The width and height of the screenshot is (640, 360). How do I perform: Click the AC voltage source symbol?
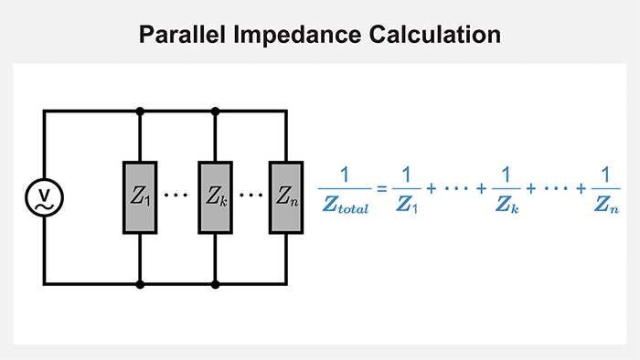(x=43, y=196)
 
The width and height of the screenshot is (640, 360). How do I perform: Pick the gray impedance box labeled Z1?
(x=139, y=196)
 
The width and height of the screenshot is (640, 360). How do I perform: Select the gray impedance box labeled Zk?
(x=215, y=196)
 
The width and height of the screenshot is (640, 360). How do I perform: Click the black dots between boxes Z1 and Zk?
(x=176, y=196)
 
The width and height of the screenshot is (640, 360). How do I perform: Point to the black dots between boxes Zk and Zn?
(x=251, y=196)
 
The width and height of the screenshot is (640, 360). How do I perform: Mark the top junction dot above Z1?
(x=139, y=111)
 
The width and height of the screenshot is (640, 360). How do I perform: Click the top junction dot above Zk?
(x=215, y=111)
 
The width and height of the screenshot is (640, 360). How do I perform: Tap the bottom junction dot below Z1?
(x=139, y=284)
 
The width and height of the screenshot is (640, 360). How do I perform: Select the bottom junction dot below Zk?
(x=215, y=284)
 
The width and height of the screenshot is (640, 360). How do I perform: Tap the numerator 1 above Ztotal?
(x=344, y=174)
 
